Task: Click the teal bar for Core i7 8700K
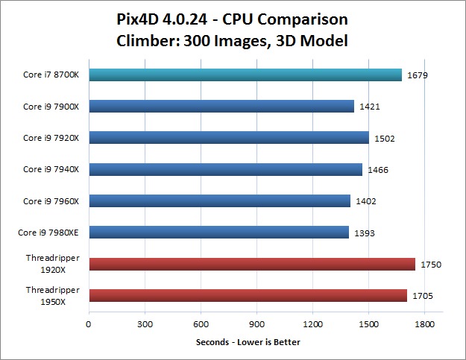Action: [x=245, y=75]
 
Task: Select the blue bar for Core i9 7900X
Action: [x=221, y=106]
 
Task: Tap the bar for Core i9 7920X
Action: [x=229, y=137]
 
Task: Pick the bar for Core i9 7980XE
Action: [x=218, y=233]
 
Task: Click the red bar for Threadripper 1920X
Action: [x=252, y=264]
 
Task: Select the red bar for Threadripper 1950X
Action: [x=248, y=295]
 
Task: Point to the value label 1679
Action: [x=417, y=75]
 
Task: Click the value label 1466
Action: [x=377, y=170]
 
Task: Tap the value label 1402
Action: [x=365, y=201]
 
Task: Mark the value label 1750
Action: [x=430, y=265]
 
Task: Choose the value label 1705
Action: [x=422, y=296]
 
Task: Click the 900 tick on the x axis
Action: [x=256, y=324]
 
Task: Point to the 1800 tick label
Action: [x=424, y=324]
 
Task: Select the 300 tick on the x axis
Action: [x=145, y=324]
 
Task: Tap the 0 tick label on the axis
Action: [x=89, y=324]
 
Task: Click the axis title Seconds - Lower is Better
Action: [x=248, y=342]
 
